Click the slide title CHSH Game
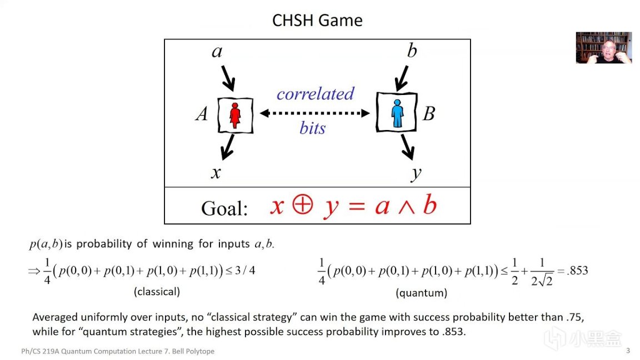tap(317, 21)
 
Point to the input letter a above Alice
tap(217, 52)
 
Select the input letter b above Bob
tap(412, 51)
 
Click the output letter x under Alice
tap(216, 173)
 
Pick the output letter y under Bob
tap(416, 173)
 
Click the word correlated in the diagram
tap(315, 93)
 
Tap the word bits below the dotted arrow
tap(312, 128)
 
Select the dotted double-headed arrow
tap(315, 113)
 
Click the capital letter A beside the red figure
tap(202, 114)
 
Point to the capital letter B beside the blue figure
tap(428, 114)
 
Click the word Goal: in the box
tap(224, 208)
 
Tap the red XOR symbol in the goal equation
tap(302, 206)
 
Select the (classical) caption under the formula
tap(157, 291)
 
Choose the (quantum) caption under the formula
tap(421, 292)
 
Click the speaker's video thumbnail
tap(603, 48)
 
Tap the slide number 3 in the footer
tap(628, 351)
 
